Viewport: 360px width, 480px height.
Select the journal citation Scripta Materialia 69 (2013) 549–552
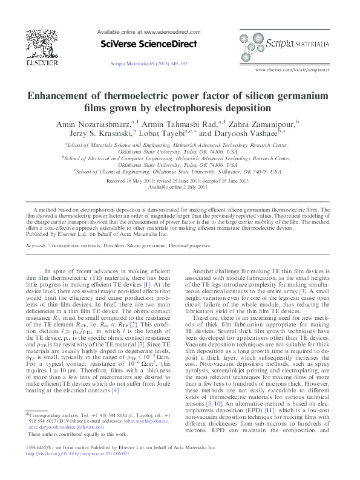pos(149,63)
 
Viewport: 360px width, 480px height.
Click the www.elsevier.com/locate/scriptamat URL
pos(293,70)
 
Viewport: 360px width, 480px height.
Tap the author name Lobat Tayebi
pos(160,134)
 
